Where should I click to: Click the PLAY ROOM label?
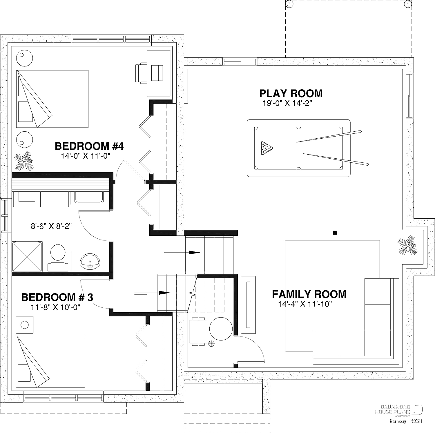[291, 93]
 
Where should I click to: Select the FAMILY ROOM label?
[309, 294]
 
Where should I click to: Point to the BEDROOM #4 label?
[89, 146]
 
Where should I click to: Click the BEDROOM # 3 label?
[57, 297]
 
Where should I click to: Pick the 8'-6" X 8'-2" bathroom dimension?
[51, 226]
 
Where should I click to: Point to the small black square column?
[335, 232]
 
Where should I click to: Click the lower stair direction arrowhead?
[164, 293]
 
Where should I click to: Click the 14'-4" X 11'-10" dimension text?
[305, 304]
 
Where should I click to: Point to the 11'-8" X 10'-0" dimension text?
[55, 307]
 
